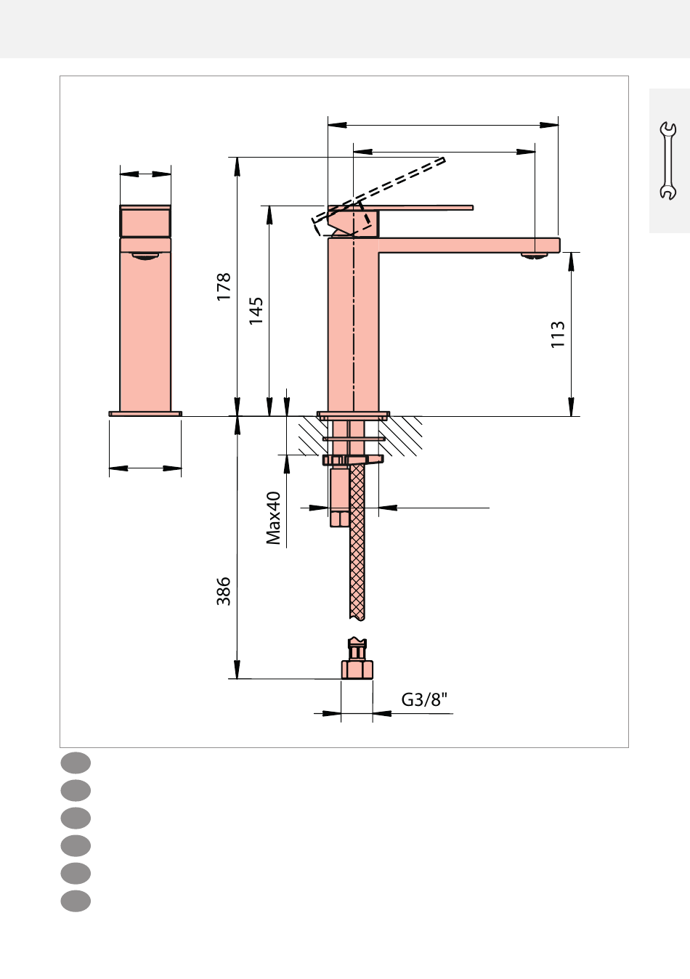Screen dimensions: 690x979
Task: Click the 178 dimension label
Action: point(223,286)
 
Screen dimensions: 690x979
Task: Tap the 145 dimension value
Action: point(256,311)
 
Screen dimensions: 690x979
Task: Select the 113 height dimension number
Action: point(558,334)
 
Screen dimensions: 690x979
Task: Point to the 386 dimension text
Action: point(223,591)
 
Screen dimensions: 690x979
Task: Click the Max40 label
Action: point(274,518)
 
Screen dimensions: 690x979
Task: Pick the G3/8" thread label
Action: point(424,699)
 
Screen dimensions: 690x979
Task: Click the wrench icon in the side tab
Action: point(667,161)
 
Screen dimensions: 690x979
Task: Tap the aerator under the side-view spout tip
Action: point(534,256)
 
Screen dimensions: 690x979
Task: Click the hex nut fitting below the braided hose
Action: point(357,659)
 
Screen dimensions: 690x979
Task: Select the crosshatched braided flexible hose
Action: point(357,542)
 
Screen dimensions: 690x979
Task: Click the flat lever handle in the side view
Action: point(422,208)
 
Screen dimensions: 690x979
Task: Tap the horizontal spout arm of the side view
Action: point(469,245)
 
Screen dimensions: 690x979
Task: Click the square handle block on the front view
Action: point(145,222)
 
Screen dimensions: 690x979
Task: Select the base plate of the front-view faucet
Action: point(145,413)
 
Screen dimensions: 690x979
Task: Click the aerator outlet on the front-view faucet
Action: point(145,256)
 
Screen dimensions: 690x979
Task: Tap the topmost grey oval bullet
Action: point(76,763)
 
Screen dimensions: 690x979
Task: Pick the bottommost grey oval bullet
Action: point(76,901)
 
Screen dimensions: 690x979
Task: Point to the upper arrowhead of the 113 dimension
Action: point(571,261)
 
